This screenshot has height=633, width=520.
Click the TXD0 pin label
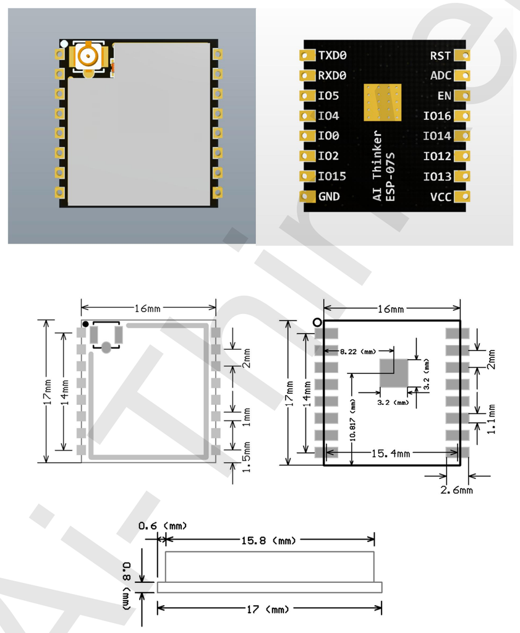click(x=332, y=56)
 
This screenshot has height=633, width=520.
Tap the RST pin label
click(x=440, y=56)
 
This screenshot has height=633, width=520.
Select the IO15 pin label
click(x=332, y=176)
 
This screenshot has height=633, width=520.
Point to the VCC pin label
click(x=440, y=197)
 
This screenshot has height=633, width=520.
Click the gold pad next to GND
click(x=307, y=197)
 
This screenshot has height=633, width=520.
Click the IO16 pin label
click(x=437, y=116)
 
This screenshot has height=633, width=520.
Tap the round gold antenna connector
click(x=87, y=57)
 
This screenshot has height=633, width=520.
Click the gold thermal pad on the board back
click(x=382, y=102)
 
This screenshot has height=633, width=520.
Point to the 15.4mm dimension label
click(x=390, y=454)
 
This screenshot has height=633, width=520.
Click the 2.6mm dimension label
click(x=456, y=490)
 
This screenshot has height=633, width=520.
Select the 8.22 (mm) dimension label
click(x=358, y=351)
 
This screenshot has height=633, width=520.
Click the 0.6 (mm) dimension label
click(x=162, y=525)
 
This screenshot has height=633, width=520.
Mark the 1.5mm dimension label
click(x=247, y=456)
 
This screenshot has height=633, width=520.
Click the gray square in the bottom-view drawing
click(x=393, y=373)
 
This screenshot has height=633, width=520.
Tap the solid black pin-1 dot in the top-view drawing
click(x=85, y=324)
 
